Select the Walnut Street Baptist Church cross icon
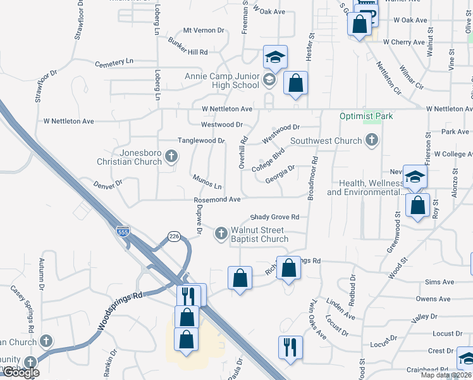[221, 233]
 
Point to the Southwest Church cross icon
[372, 141]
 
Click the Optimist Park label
[366, 116]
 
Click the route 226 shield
[175, 236]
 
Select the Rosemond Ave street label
[217, 199]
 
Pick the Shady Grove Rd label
[274, 217]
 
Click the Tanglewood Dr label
[201, 141]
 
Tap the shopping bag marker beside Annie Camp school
[295, 82]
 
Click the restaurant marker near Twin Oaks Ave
[290, 347]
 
